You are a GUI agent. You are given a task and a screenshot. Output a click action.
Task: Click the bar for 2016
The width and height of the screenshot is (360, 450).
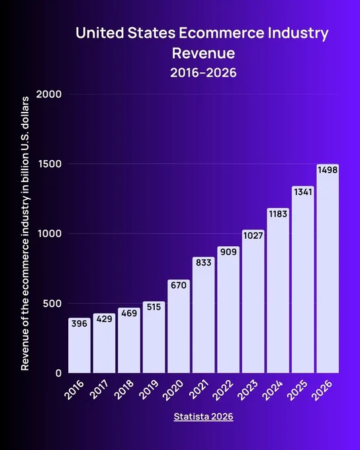point(79,345)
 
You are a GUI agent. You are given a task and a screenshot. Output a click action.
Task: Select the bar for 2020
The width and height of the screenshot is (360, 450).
point(179,326)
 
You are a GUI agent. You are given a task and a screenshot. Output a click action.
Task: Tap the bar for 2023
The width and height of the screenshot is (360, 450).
point(253,301)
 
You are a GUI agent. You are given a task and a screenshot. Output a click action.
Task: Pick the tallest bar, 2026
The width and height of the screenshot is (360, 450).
point(328,269)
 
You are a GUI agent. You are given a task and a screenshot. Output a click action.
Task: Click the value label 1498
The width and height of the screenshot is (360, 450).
point(328,170)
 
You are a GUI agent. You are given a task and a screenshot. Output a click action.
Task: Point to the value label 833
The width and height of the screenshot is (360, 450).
point(204,263)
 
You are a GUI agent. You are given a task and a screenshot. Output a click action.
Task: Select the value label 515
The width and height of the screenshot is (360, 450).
point(154,307)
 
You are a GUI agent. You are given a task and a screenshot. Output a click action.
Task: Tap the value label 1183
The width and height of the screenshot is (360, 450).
point(278,214)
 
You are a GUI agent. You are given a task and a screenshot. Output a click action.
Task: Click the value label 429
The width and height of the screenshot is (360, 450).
point(104,319)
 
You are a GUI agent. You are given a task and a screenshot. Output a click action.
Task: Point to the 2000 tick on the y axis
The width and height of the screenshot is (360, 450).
point(49,94)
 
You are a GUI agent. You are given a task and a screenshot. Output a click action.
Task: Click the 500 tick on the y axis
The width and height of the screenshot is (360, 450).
point(52,304)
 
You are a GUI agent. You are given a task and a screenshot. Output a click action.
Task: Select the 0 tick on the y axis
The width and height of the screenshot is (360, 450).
point(58,373)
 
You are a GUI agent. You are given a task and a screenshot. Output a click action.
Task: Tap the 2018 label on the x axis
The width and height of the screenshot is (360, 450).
point(124,389)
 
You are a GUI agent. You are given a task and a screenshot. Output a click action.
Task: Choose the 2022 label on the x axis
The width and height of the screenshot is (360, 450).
point(223,389)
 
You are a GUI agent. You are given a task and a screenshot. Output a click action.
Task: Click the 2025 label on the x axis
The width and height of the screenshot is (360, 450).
point(297,389)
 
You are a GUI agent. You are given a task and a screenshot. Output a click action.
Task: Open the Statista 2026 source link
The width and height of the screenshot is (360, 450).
point(204,416)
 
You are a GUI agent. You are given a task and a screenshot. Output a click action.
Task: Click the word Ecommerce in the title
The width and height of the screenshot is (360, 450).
point(222,32)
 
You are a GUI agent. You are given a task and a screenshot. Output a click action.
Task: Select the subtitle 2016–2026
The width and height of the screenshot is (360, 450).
point(204,73)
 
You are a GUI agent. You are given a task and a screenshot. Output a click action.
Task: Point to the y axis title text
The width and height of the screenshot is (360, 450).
point(25,234)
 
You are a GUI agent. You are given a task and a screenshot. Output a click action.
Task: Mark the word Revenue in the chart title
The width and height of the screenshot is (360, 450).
point(204,53)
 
